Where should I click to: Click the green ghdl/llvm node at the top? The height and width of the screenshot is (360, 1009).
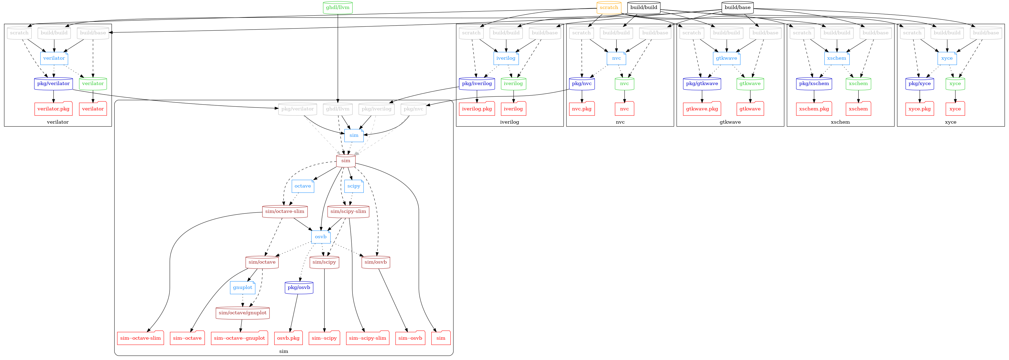pyautogui.click(x=338, y=7)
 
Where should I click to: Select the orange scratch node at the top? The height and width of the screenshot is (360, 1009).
pyautogui.click(x=609, y=7)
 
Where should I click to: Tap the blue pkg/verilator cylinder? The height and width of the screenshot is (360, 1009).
pyautogui.click(x=54, y=83)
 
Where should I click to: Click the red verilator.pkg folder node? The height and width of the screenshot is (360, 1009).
pyautogui.click(x=54, y=109)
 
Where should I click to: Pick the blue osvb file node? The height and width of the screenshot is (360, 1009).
pyautogui.click(x=321, y=237)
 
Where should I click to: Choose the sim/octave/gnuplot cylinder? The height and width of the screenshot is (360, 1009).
pyautogui.click(x=243, y=313)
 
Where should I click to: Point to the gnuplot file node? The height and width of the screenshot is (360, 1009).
pyautogui.click(x=243, y=288)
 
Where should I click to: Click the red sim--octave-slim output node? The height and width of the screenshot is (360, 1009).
pyautogui.click(x=141, y=338)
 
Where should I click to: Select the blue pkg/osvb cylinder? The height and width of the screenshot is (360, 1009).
pyautogui.click(x=299, y=288)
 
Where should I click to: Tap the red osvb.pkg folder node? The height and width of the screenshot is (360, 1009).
pyautogui.click(x=288, y=338)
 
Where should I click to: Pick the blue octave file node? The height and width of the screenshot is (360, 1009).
pyautogui.click(x=303, y=186)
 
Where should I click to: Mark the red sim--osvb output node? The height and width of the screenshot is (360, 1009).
pyautogui.click(x=411, y=338)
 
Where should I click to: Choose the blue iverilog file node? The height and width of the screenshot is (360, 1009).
pyautogui.click(x=506, y=58)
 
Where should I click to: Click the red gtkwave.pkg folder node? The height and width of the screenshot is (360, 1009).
pyautogui.click(x=702, y=109)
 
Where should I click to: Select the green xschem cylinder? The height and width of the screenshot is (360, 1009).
pyautogui.click(x=858, y=83)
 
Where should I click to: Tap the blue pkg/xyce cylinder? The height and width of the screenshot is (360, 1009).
pyautogui.click(x=920, y=83)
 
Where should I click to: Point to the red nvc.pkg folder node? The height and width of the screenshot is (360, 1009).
pyautogui.click(x=582, y=109)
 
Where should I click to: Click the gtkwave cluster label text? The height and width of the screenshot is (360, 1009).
pyautogui.click(x=730, y=122)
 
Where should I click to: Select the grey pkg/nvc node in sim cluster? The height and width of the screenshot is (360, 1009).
pyautogui.click(x=413, y=109)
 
